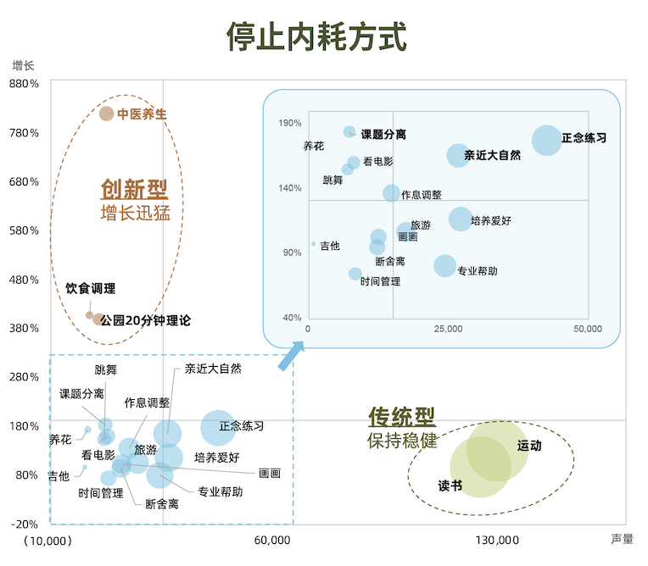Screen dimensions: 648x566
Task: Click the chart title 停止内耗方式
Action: click(316, 37)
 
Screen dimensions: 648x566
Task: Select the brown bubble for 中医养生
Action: click(106, 114)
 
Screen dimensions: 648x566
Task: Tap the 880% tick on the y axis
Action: click(24, 84)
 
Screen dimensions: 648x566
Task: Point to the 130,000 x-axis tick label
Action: click(497, 540)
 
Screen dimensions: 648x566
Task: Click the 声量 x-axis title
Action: click(622, 538)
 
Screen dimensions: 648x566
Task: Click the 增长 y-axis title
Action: click(23, 65)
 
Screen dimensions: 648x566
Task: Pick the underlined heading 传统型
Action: click(401, 417)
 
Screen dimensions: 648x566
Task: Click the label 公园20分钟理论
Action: click(146, 321)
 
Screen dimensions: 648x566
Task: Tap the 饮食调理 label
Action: click(91, 289)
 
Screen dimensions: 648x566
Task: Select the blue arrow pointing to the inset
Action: click(292, 354)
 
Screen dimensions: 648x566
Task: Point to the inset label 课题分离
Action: click(383, 134)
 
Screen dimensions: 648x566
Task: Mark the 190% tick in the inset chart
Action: click(290, 123)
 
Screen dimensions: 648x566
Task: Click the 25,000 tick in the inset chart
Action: click(448, 329)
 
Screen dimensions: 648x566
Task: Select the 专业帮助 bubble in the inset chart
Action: click(444, 266)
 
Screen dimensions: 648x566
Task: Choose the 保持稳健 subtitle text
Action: click(402, 441)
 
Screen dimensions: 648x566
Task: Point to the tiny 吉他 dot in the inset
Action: click(313, 244)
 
